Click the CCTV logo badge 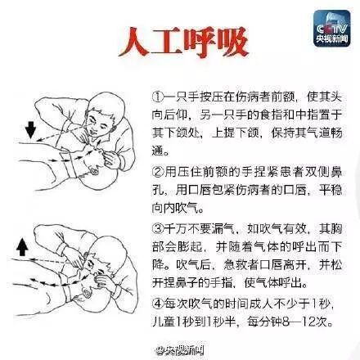coord(331,29)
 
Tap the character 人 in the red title coord(134,43)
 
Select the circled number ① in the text coord(158,97)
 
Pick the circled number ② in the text coord(158,172)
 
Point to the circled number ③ coord(158,229)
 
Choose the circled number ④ coord(158,304)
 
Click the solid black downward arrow coord(30,130)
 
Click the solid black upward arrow coord(22,246)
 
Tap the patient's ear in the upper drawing coord(95,171)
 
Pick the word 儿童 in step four coord(164,322)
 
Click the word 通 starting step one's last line coord(158,151)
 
